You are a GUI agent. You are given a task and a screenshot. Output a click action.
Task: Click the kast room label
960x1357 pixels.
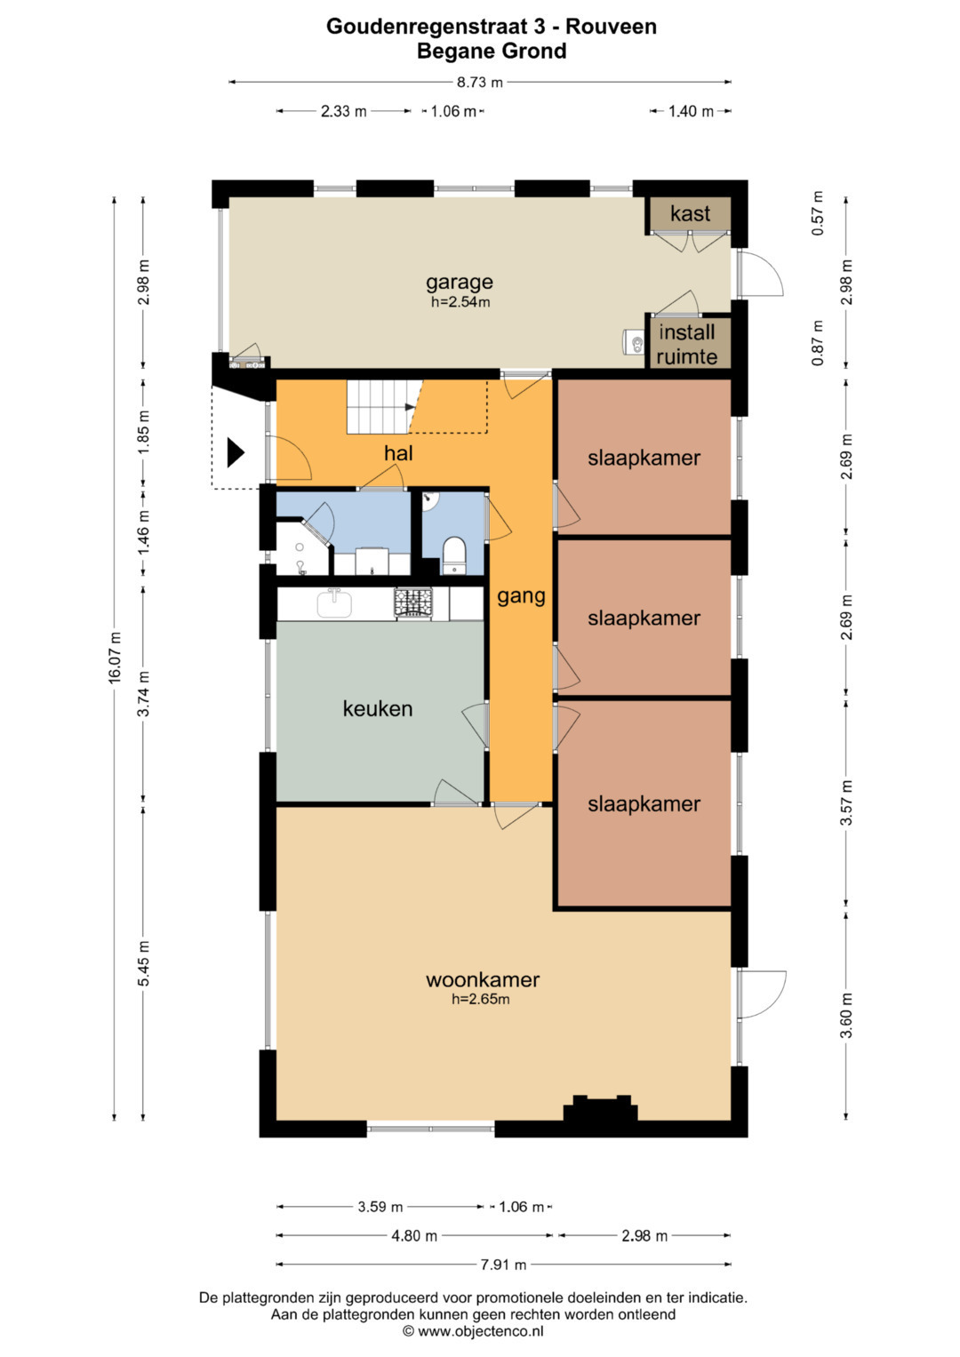[x=690, y=214]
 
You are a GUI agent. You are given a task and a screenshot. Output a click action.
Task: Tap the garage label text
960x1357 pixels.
[x=460, y=282]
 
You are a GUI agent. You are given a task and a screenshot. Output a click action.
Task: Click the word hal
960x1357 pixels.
[x=398, y=452]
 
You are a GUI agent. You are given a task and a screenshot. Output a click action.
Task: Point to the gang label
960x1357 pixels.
[x=521, y=596]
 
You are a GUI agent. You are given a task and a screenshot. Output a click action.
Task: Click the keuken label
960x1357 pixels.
[x=378, y=708]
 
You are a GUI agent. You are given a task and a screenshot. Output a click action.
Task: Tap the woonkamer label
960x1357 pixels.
[x=483, y=979]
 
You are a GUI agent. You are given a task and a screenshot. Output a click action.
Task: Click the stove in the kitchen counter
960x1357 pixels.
[x=414, y=603]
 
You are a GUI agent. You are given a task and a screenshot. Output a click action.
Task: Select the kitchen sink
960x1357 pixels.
[x=334, y=603]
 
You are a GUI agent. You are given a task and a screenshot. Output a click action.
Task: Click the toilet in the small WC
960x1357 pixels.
[x=454, y=555]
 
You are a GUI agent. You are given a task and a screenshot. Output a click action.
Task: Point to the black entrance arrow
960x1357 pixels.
[x=236, y=452]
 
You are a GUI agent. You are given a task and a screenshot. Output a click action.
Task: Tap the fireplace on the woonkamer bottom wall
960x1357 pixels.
[x=600, y=1109]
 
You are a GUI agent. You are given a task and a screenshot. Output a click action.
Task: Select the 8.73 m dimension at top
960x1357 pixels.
[x=479, y=83]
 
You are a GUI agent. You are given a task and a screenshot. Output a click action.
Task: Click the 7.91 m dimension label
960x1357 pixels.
[x=503, y=1265]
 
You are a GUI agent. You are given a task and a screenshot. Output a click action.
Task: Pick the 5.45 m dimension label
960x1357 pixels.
[x=144, y=963]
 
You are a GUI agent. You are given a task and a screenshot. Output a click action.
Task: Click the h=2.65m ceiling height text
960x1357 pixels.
[x=480, y=999]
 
